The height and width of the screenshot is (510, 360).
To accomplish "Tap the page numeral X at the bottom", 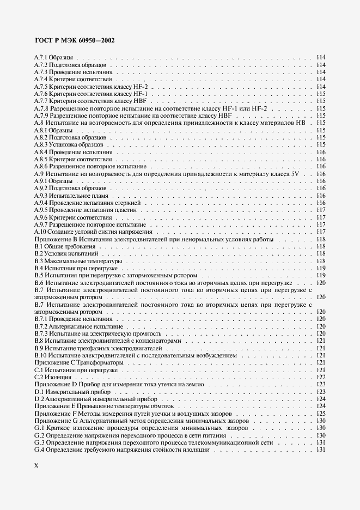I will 36,464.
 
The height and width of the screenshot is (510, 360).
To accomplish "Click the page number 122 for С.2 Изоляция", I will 321,378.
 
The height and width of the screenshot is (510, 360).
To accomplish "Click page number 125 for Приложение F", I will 321,414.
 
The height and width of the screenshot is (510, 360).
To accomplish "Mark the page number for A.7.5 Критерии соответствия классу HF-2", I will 321,87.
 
